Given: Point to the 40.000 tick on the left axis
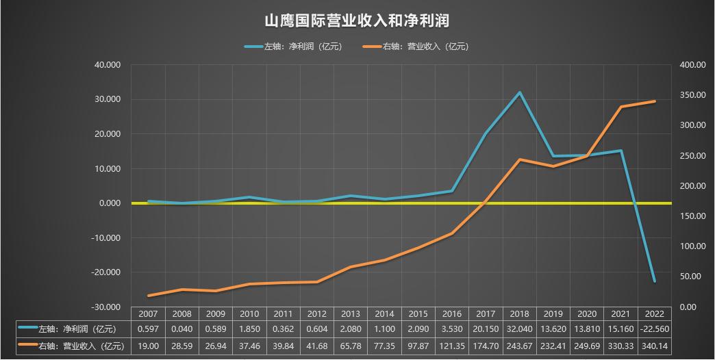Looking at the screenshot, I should [108, 65].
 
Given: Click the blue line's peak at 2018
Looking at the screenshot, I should [519, 92].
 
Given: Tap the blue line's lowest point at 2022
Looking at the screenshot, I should [655, 281].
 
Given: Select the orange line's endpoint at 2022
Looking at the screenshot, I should [655, 101].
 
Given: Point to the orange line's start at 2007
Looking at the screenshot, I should [148, 296].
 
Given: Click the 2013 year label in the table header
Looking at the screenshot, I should [351, 314].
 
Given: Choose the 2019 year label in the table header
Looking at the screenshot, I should [553, 314].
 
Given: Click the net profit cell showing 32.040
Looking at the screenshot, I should [519, 330].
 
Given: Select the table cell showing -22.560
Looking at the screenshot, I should [655, 330].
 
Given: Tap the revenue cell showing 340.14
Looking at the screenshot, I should [655, 346].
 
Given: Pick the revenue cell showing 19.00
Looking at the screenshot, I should [148, 346].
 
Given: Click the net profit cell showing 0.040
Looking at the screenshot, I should [181, 330].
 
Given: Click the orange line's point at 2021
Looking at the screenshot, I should [620, 107].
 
